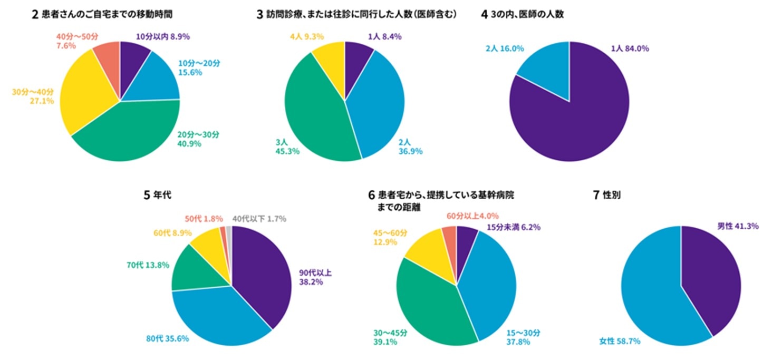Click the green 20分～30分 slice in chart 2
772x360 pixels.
click(132, 134)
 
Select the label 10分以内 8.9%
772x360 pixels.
click(163, 36)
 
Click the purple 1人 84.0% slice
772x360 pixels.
click(575, 121)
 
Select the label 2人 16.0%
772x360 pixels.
click(505, 48)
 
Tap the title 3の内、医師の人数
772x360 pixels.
click(522, 15)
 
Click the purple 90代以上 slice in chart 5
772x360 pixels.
click(261, 274)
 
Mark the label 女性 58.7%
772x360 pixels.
click(620, 341)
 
